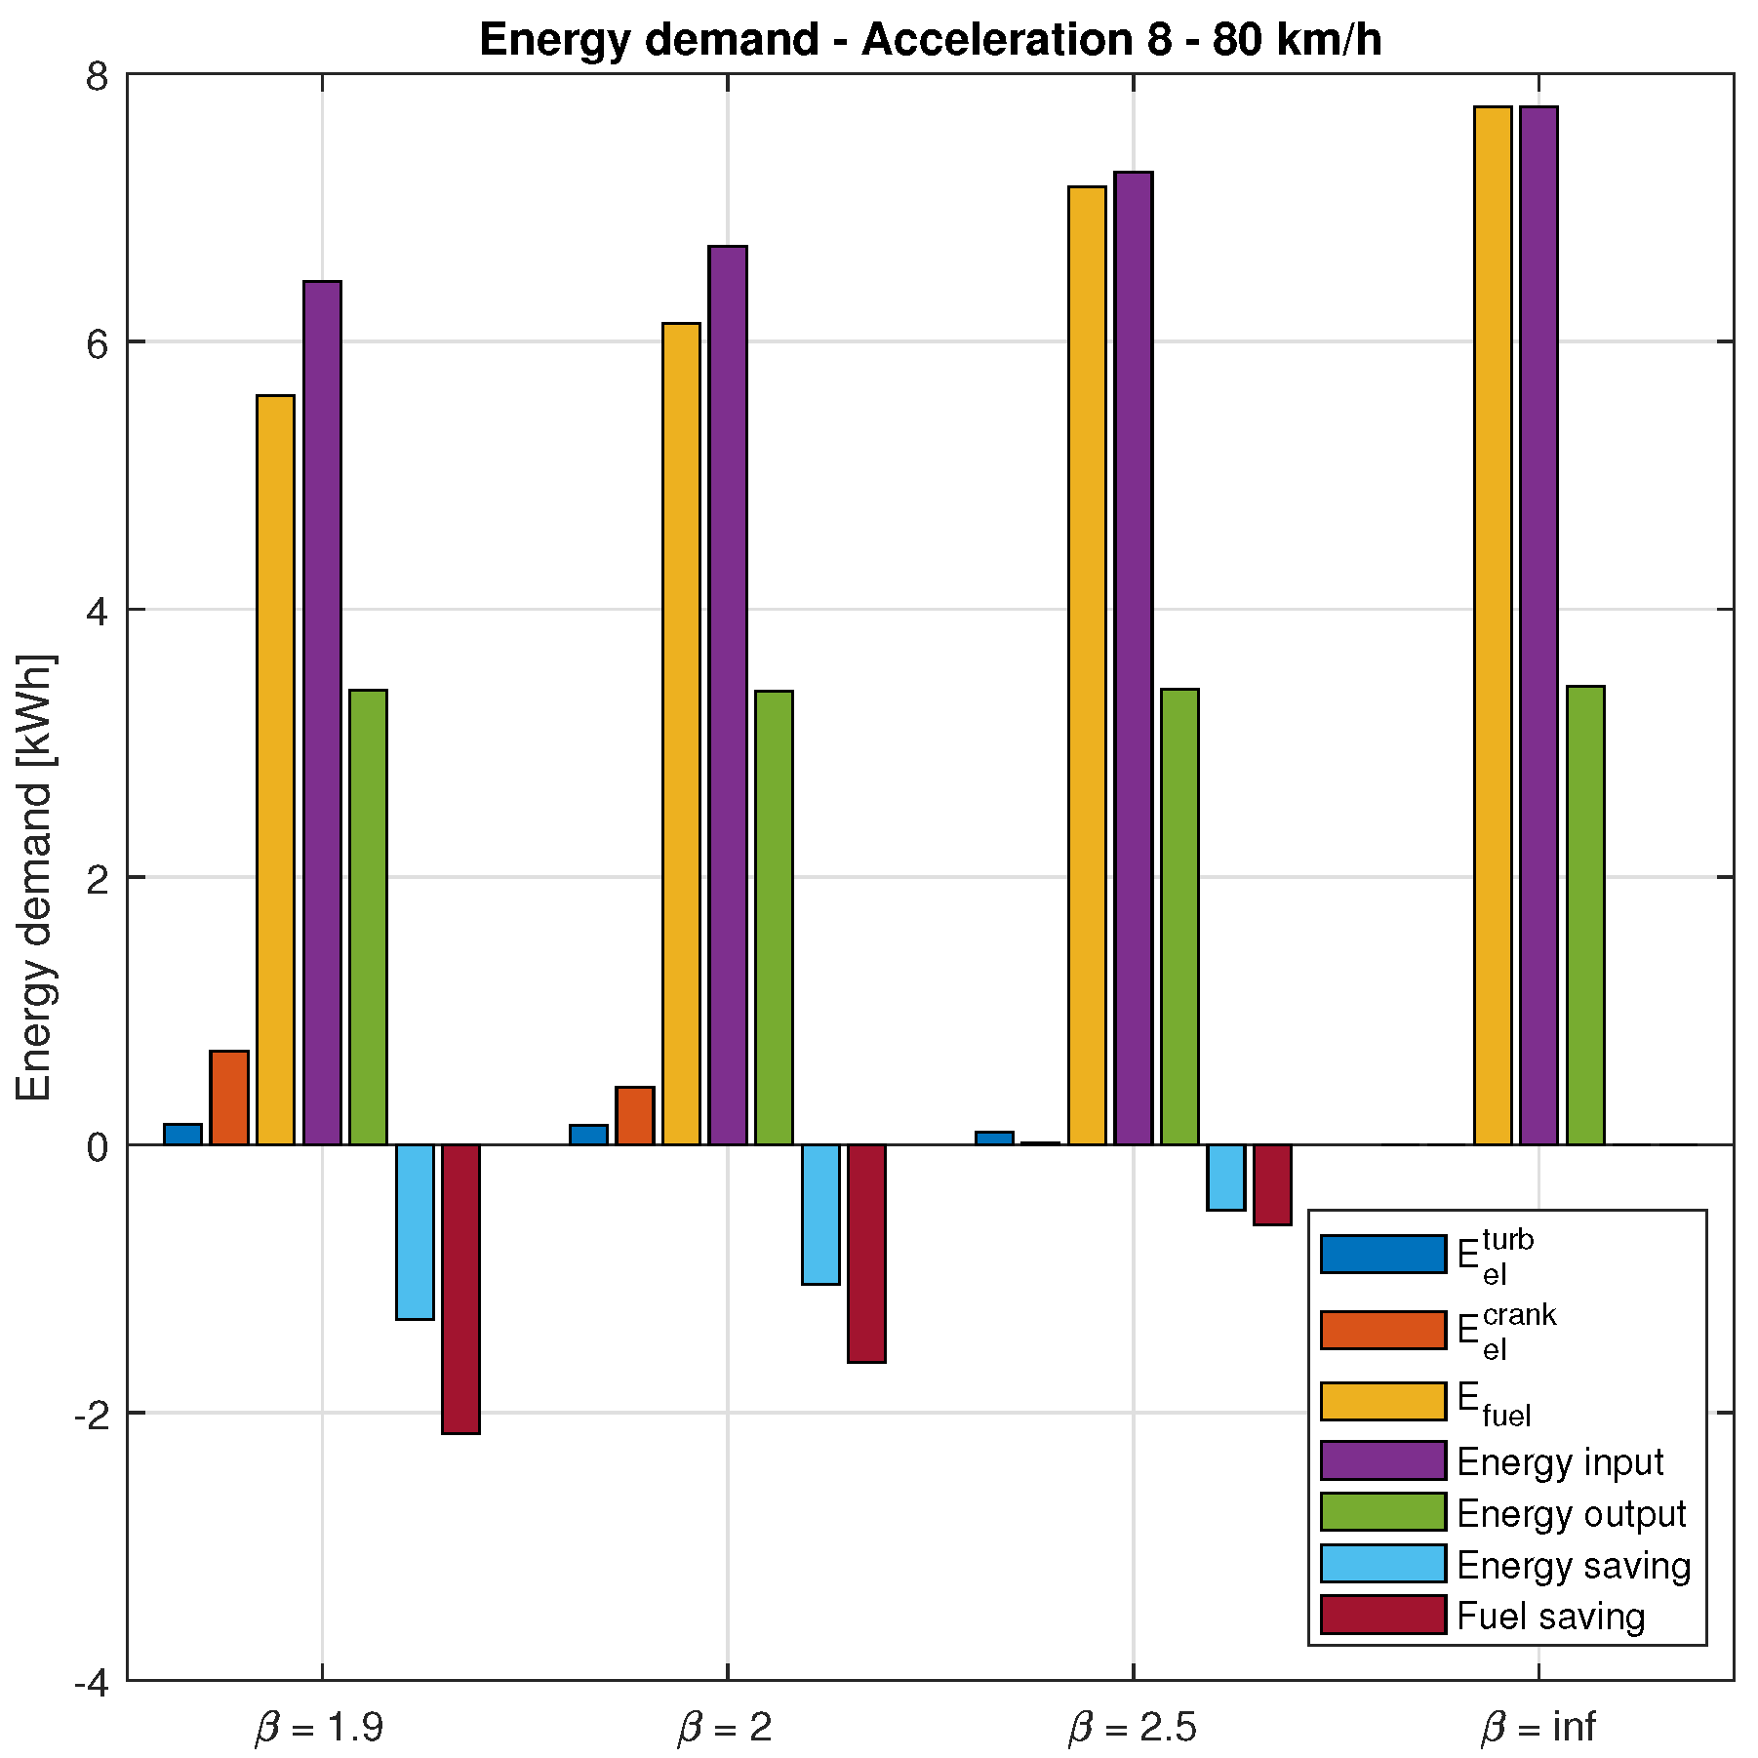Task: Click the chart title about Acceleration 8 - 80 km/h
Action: coord(930,41)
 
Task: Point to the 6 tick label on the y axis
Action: coord(97,342)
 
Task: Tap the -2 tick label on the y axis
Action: coord(90,1414)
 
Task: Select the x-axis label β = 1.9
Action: coord(321,1726)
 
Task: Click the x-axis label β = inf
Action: coord(1538,1726)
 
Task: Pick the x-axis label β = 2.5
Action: coord(1132,1726)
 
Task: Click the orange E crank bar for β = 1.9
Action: coord(229,1098)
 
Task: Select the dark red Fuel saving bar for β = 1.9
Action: coord(460,1288)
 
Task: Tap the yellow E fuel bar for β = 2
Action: coord(681,732)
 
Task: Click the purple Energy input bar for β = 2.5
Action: coord(1134,659)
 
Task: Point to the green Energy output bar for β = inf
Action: coord(1585,915)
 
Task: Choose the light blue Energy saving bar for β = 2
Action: coord(820,1214)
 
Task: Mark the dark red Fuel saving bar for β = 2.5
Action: coord(1272,1184)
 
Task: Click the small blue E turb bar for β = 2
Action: coord(588,1135)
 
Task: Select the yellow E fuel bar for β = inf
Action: coord(1493,624)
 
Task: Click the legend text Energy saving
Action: coord(1573,1565)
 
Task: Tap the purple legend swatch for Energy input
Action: coord(1382,1460)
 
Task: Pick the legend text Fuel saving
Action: coord(1550,1617)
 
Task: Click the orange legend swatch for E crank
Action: coord(1382,1330)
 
